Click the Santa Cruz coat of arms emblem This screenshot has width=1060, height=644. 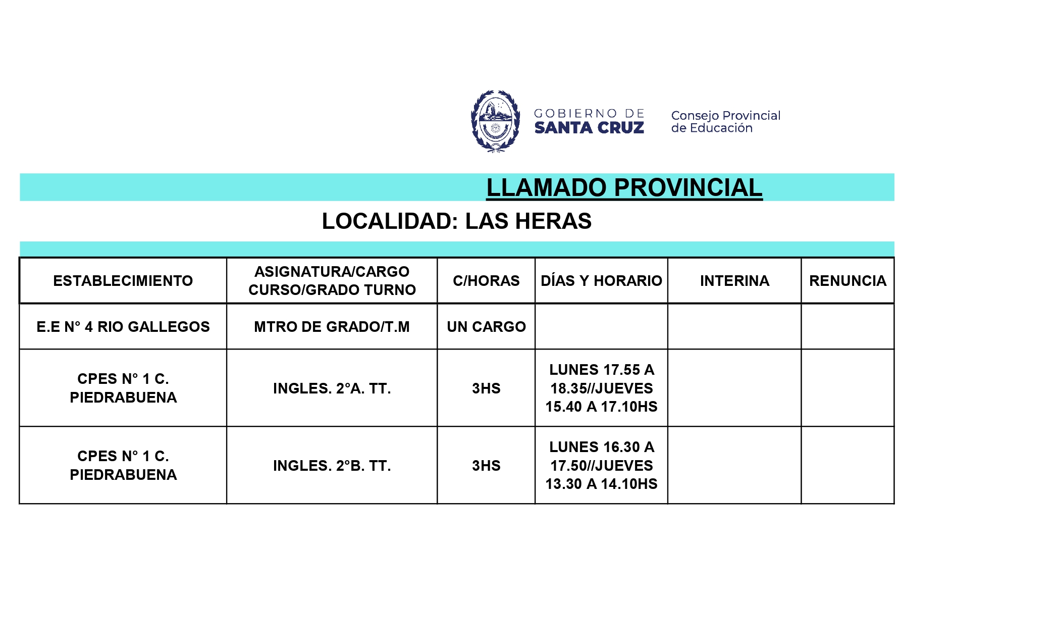click(495, 121)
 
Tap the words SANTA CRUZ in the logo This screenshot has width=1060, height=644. click(589, 128)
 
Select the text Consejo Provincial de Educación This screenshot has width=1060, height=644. click(725, 122)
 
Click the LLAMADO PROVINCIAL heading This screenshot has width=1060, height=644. click(624, 188)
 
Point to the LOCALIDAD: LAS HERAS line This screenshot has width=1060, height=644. click(456, 221)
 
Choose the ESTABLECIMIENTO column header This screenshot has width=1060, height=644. click(123, 281)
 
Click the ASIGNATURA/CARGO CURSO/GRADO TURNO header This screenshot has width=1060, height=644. click(332, 281)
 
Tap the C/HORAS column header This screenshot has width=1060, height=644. click(486, 281)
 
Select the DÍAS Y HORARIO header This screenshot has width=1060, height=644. click(601, 281)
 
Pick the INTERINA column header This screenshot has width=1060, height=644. click(734, 281)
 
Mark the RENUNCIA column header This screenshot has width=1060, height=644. click(847, 281)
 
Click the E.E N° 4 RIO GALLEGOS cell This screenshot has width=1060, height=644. click(123, 327)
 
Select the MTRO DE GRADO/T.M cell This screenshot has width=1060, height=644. click(332, 327)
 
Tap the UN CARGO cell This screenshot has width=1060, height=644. click(486, 327)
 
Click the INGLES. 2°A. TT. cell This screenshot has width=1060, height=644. click(332, 388)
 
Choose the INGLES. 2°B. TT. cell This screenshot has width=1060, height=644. click(332, 466)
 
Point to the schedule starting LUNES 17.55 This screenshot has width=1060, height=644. click(601, 388)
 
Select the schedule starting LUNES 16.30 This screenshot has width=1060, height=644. click(601, 466)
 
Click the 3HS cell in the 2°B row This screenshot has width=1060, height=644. click(486, 466)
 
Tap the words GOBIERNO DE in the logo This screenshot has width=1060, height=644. click(589, 114)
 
